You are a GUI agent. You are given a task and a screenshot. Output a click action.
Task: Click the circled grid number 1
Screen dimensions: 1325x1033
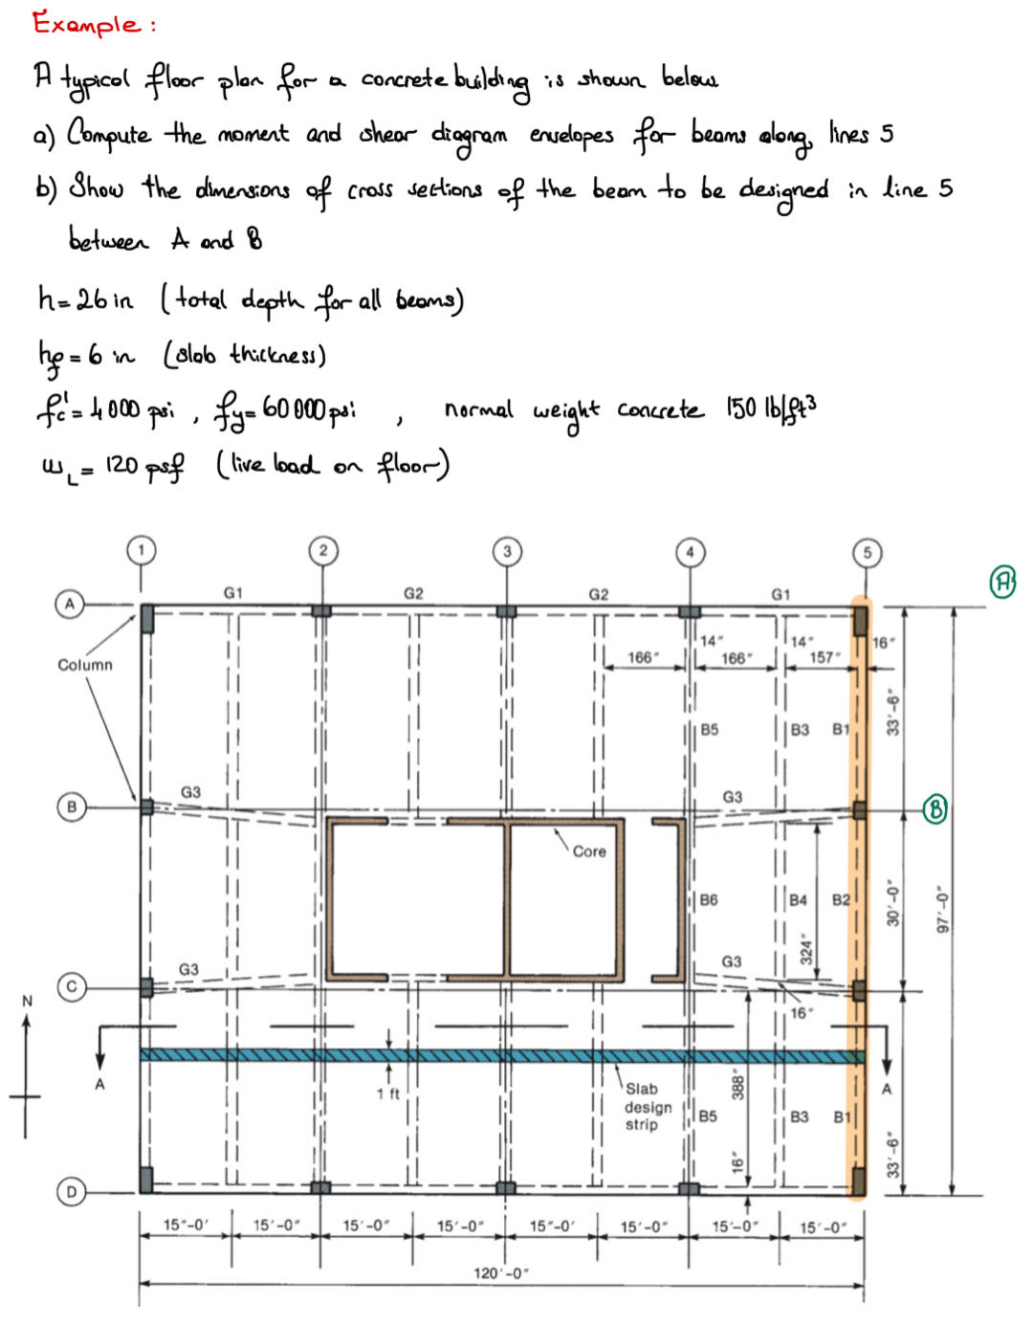(x=142, y=550)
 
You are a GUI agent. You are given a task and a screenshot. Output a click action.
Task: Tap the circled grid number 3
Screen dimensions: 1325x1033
(x=507, y=550)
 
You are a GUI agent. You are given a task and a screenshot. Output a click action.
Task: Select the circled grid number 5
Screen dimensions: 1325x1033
(x=867, y=552)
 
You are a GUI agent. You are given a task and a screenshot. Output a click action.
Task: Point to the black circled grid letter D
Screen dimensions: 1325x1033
(x=70, y=1192)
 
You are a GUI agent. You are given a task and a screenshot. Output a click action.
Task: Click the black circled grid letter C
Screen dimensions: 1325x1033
(x=70, y=986)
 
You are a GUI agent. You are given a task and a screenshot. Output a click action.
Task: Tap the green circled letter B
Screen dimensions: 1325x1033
(x=934, y=809)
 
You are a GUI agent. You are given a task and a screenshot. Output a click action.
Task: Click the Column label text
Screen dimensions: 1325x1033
(x=85, y=665)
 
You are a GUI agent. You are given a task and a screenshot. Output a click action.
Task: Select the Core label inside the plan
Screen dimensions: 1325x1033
(x=589, y=851)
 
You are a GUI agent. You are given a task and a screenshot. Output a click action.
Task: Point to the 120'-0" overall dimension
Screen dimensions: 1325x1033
(x=501, y=1273)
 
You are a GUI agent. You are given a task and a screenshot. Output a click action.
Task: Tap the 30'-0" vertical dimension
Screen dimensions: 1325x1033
(x=892, y=903)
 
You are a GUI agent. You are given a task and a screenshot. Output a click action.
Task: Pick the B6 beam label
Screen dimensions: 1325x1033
(x=709, y=900)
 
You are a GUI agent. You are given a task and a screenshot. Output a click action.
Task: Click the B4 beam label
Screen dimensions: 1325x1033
(x=798, y=900)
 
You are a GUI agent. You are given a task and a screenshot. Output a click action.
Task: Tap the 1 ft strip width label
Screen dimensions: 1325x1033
(x=388, y=1093)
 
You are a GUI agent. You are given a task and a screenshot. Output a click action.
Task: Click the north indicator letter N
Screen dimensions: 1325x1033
(x=27, y=1001)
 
